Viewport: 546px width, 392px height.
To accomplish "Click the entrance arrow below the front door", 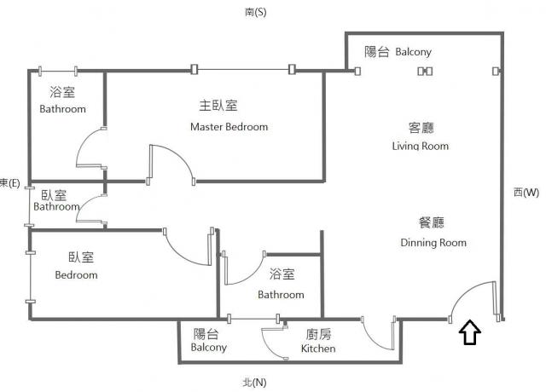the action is pos(470,332).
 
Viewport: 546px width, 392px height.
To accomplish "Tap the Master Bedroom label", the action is pos(229,127).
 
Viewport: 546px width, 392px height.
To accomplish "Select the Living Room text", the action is pos(421,146).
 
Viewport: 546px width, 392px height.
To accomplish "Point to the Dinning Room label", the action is pos(433,242).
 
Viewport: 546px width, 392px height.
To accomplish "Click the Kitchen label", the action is pos(318,349).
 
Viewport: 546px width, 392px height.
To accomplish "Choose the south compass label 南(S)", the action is pos(256,12).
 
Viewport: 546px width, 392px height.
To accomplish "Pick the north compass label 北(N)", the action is pos(254,383).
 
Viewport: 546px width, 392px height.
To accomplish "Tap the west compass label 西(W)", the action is pos(526,192).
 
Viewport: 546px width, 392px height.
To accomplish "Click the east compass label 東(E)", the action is pos(9,183).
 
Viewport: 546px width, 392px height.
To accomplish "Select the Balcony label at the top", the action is pos(413,52).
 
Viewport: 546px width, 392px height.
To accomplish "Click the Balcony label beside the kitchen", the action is pos(208,347).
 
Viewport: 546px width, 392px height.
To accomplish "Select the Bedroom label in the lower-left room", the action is pos(76,274).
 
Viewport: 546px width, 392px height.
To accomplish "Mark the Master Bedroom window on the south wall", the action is pos(243,70).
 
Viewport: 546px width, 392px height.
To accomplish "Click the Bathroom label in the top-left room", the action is pos(62,109).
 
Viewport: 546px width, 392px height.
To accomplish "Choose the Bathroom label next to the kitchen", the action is pos(281,295).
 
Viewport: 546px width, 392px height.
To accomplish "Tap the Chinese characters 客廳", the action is pos(421,128).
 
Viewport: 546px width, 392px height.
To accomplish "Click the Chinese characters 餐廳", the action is pos(432,222).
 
